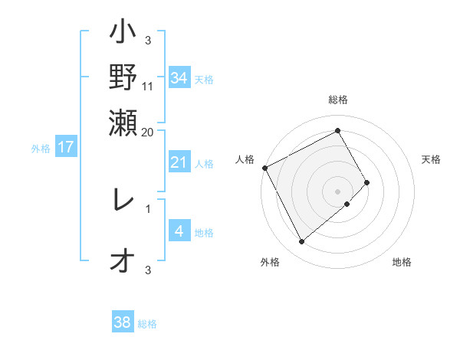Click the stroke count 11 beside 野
tap(147, 87)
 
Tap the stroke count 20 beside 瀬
tap(147, 132)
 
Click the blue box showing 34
tap(179, 77)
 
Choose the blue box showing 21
tap(179, 162)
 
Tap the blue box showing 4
tap(179, 231)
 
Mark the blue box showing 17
tap(66, 147)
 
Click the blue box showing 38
tap(122, 322)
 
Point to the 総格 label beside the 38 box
tap(147, 324)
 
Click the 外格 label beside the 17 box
tap(41, 149)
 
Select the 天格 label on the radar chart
tap(431, 159)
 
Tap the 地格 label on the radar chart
tap(402, 262)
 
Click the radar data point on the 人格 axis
tap(264, 168)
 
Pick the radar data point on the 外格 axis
tap(302, 242)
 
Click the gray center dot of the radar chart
tap(337, 190)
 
